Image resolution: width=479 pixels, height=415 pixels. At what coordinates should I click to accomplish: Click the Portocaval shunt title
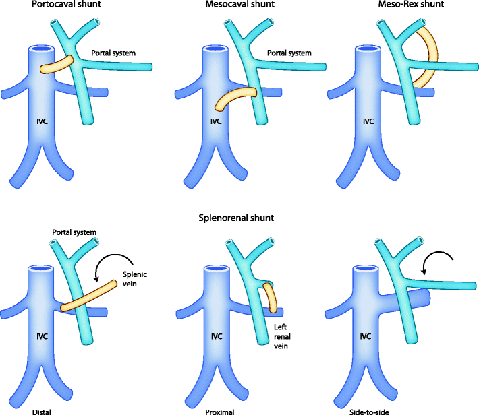click(47, 6)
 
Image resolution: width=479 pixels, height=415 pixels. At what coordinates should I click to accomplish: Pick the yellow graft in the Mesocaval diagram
click(235, 98)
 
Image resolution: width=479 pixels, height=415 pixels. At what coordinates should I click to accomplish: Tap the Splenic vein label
click(134, 279)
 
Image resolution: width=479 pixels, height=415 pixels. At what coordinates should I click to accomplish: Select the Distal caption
click(42, 409)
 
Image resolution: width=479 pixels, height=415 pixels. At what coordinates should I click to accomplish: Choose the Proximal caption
click(221, 409)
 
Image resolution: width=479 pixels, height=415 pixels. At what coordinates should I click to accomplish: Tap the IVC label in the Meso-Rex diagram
click(368, 122)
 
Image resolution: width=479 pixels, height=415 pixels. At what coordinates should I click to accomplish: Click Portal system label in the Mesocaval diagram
click(289, 52)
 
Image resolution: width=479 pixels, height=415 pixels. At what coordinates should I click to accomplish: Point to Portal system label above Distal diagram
click(74, 232)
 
